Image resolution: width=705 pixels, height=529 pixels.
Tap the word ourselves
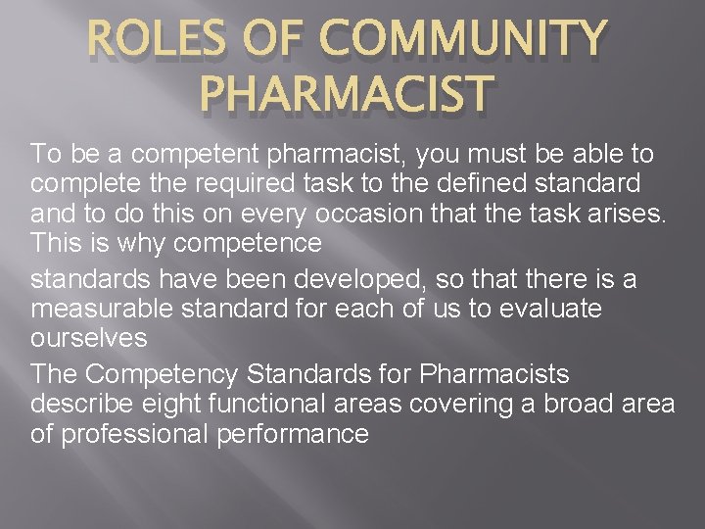pyautogui.click(x=89, y=338)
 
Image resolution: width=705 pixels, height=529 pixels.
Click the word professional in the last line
pyautogui.click(x=133, y=433)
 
